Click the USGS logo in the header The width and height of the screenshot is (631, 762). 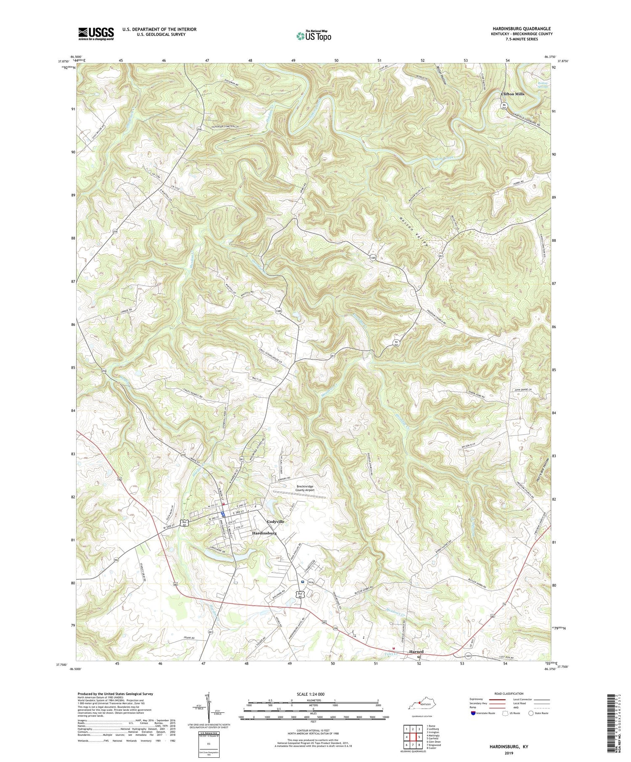pos(96,34)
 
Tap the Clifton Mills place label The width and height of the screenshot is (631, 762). pos(512,94)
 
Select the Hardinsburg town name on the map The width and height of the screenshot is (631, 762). pos(264,533)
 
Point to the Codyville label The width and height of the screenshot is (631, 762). pos(276,521)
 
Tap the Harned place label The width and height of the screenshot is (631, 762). pos(416,652)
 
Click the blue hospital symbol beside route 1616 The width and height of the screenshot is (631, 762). pos(302,582)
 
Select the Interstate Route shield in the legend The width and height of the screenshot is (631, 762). pos(474,713)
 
